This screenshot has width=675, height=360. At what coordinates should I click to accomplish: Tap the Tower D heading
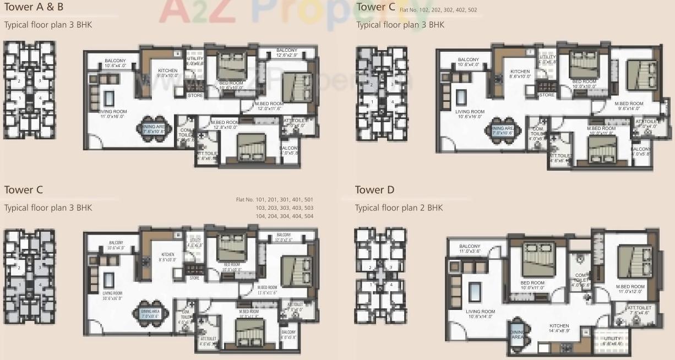tap(374, 190)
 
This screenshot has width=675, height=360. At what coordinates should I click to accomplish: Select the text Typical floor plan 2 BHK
tap(399, 208)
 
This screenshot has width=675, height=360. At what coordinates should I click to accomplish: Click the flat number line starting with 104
tap(274, 216)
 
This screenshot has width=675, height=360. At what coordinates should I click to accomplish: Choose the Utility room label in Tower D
tap(612, 341)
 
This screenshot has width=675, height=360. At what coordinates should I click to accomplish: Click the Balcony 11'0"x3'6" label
tap(470, 249)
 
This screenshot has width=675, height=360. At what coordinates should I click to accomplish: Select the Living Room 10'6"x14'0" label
tap(480, 314)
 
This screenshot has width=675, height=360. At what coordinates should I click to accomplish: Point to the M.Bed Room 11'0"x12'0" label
tap(630, 290)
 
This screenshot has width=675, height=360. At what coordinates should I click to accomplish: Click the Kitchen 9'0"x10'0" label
tap(167, 73)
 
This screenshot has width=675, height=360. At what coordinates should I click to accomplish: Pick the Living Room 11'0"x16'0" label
tap(113, 114)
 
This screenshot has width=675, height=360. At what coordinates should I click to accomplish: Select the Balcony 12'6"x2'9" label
tap(286, 53)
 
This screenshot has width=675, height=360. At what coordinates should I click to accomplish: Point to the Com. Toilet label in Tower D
tap(580, 280)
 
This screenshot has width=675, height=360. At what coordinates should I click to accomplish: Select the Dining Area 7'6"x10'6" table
tap(150, 129)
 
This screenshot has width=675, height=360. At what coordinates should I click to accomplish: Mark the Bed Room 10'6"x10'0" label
tap(231, 85)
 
